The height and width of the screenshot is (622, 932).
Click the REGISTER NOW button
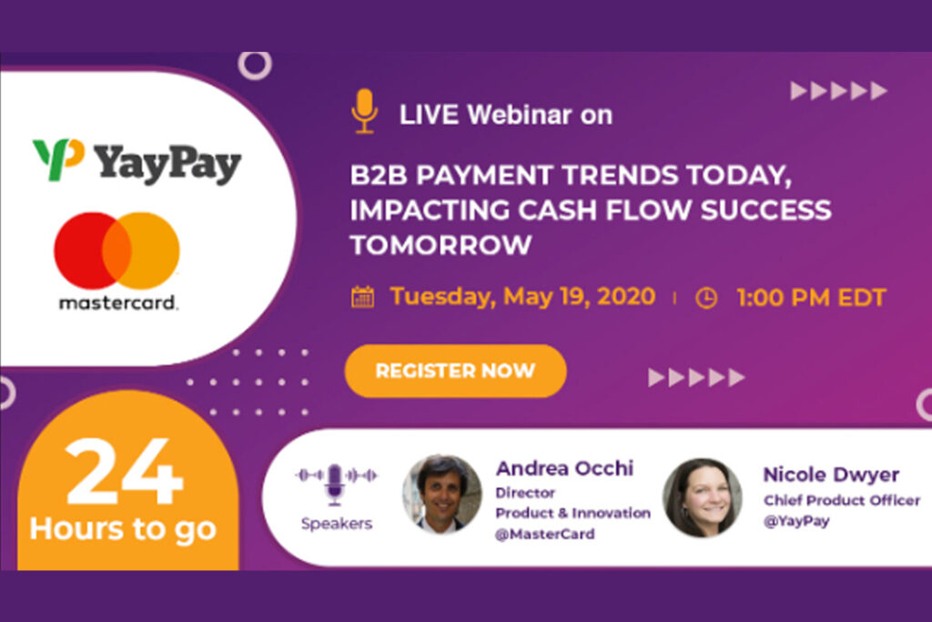[x=455, y=371]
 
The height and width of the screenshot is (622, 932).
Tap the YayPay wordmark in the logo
[x=167, y=164]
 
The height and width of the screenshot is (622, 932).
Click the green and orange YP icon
[x=58, y=158]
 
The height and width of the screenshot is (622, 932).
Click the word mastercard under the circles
[x=117, y=302]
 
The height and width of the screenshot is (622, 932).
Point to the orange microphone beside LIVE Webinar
[x=364, y=110]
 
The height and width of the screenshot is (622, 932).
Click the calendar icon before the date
[x=362, y=297]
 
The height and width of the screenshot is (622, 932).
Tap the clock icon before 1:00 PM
[x=706, y=298]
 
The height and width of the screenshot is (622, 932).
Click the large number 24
[x=124, y=472]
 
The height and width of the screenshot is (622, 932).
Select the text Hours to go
[x=123, y=528]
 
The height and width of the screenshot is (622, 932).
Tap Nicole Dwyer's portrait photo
[x=702, y=497]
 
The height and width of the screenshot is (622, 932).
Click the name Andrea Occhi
[x=564, y=468]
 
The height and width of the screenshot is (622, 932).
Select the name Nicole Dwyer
[x=831, y=474]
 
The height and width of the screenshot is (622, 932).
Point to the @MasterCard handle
[x=544, y=534]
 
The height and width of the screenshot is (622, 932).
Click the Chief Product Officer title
[x=842, y=500]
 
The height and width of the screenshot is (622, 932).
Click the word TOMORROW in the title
[x=441, y=245]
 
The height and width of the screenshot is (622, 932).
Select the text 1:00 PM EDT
[x=811, y=297]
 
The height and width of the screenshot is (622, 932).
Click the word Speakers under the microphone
[x=337, y=524]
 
